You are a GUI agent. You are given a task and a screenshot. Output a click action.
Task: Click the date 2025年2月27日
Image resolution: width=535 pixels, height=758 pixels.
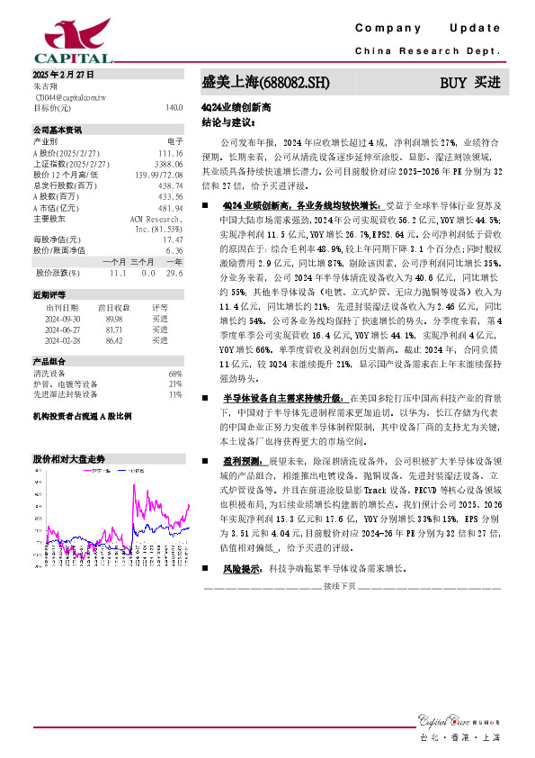[63, 75]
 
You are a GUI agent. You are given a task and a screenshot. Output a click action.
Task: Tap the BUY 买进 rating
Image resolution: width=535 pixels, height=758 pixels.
[468, 83]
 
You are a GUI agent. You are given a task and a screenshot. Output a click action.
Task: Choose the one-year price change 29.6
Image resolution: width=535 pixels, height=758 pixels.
[174, 272]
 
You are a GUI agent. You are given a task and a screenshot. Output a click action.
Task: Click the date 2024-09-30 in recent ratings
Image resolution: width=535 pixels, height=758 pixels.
[63, 318]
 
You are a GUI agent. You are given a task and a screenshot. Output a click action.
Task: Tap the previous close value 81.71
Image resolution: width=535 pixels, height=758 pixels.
[113, 329]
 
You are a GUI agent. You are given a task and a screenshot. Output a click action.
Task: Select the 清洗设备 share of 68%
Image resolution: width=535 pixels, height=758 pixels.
[175, 373]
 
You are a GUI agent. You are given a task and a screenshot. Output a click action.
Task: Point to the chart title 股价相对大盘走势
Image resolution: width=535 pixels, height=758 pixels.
[68, 458]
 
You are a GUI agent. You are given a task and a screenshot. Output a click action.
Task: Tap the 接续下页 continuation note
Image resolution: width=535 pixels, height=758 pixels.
[341, 586]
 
